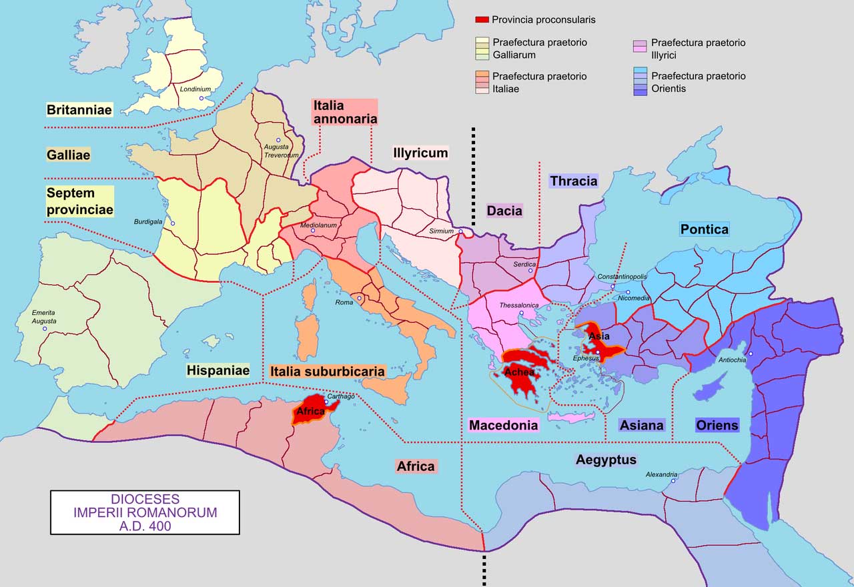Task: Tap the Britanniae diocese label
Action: coord(79,110)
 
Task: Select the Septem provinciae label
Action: coord(79,201)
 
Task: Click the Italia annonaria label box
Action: coord(344,112)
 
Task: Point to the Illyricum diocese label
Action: coord(420,153)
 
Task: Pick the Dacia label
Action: coord(504,211)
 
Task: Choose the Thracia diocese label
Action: coord(573,181)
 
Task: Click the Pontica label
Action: coord(704,229)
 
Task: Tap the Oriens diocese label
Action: coord(717,425)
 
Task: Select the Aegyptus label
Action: coord(606,460)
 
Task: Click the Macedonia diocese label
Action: coord(503,425)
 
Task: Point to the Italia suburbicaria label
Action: coord(327,372)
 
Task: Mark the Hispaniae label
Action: coord(218,370)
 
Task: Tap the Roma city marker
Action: coord(360,298)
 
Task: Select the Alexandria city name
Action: coord(661,474)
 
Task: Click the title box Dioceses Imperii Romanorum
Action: coord(145,512)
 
